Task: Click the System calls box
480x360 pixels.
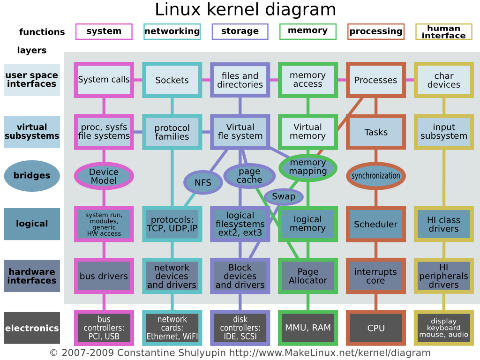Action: (x=104, y=80)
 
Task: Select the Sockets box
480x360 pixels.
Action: (x=172, y=80)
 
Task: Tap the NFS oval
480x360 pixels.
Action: (x=202, y=182)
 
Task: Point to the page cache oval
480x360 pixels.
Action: (x=249, y=176)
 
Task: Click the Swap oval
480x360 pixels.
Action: (x=284, y=196)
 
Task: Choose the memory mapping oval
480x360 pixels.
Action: (x=308, y=167)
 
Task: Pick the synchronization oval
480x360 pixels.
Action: (x=375, y=176)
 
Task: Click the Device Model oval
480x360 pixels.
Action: (x=104, y=176)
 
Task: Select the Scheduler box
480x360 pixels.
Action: (x=375, y=224)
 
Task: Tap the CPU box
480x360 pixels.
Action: (x=375, y=328)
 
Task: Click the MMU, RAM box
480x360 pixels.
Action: (x=308, y=328)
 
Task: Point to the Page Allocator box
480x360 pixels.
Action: (x=308, y=276)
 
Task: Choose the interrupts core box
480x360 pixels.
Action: (x=375, y=276)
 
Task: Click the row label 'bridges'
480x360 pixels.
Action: (x=32, y=176)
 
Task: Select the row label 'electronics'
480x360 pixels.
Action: (x=32, y=328)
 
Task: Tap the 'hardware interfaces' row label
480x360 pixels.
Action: (x=32, y=276)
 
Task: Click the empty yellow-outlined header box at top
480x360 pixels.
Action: (x=443, y=32)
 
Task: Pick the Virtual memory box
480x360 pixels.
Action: (x=308, y=132)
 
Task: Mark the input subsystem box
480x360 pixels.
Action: (x=443, y=132)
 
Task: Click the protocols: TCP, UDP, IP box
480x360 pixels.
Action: (x=172, y=224)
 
